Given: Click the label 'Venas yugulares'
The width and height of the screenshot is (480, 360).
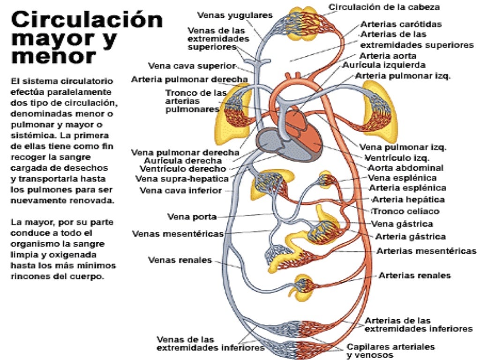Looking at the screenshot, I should coord(234,15).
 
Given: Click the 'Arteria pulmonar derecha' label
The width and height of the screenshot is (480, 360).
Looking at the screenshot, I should coord(189,79).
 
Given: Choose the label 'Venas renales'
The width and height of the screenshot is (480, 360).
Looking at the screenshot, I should coord(180,260).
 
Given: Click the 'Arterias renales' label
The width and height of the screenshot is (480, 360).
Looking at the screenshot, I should coord(414,275).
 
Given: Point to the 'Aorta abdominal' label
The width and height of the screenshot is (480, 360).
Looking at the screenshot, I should coord(405,168).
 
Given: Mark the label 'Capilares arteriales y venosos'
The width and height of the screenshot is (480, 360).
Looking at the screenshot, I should coord(390,351).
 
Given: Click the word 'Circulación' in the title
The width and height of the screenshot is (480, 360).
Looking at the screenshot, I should coord(87,21).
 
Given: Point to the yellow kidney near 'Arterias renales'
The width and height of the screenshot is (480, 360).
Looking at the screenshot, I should coord(302,287).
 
